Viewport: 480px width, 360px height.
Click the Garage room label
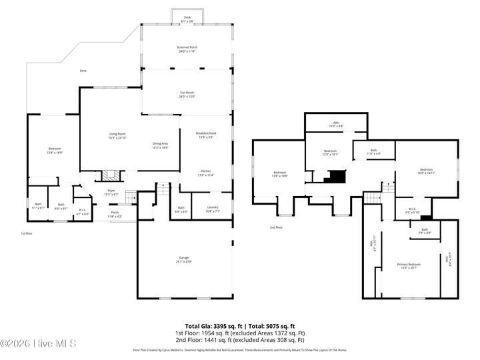click(184, 259)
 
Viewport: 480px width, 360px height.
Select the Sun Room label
click(187, 95)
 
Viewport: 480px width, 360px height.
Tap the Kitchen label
click(205, 173)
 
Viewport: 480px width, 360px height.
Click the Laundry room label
click(213, 209)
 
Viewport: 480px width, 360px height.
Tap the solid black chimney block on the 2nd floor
click(335, 177)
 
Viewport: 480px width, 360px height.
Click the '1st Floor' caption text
click(26, 233)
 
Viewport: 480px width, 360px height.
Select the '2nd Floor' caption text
click(276, 227)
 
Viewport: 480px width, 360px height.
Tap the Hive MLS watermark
click(38, 344)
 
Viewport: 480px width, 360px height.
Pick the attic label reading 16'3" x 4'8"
click(337, 124)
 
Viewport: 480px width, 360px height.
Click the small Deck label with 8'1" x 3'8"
click(187, 19)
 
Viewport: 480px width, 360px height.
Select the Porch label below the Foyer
click(115, 215)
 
